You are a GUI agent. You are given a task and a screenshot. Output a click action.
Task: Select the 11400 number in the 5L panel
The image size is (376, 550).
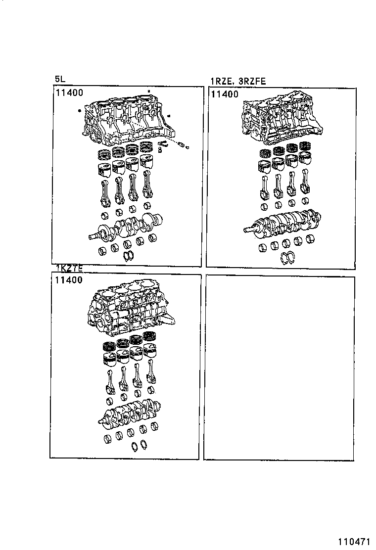point(69,92)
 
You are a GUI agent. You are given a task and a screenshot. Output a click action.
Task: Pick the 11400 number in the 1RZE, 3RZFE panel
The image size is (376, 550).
point(224,94)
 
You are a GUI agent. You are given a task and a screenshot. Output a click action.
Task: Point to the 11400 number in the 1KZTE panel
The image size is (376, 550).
point(69,280)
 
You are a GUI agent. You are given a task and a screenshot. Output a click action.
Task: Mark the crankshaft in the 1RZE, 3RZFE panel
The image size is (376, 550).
point(282,222)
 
